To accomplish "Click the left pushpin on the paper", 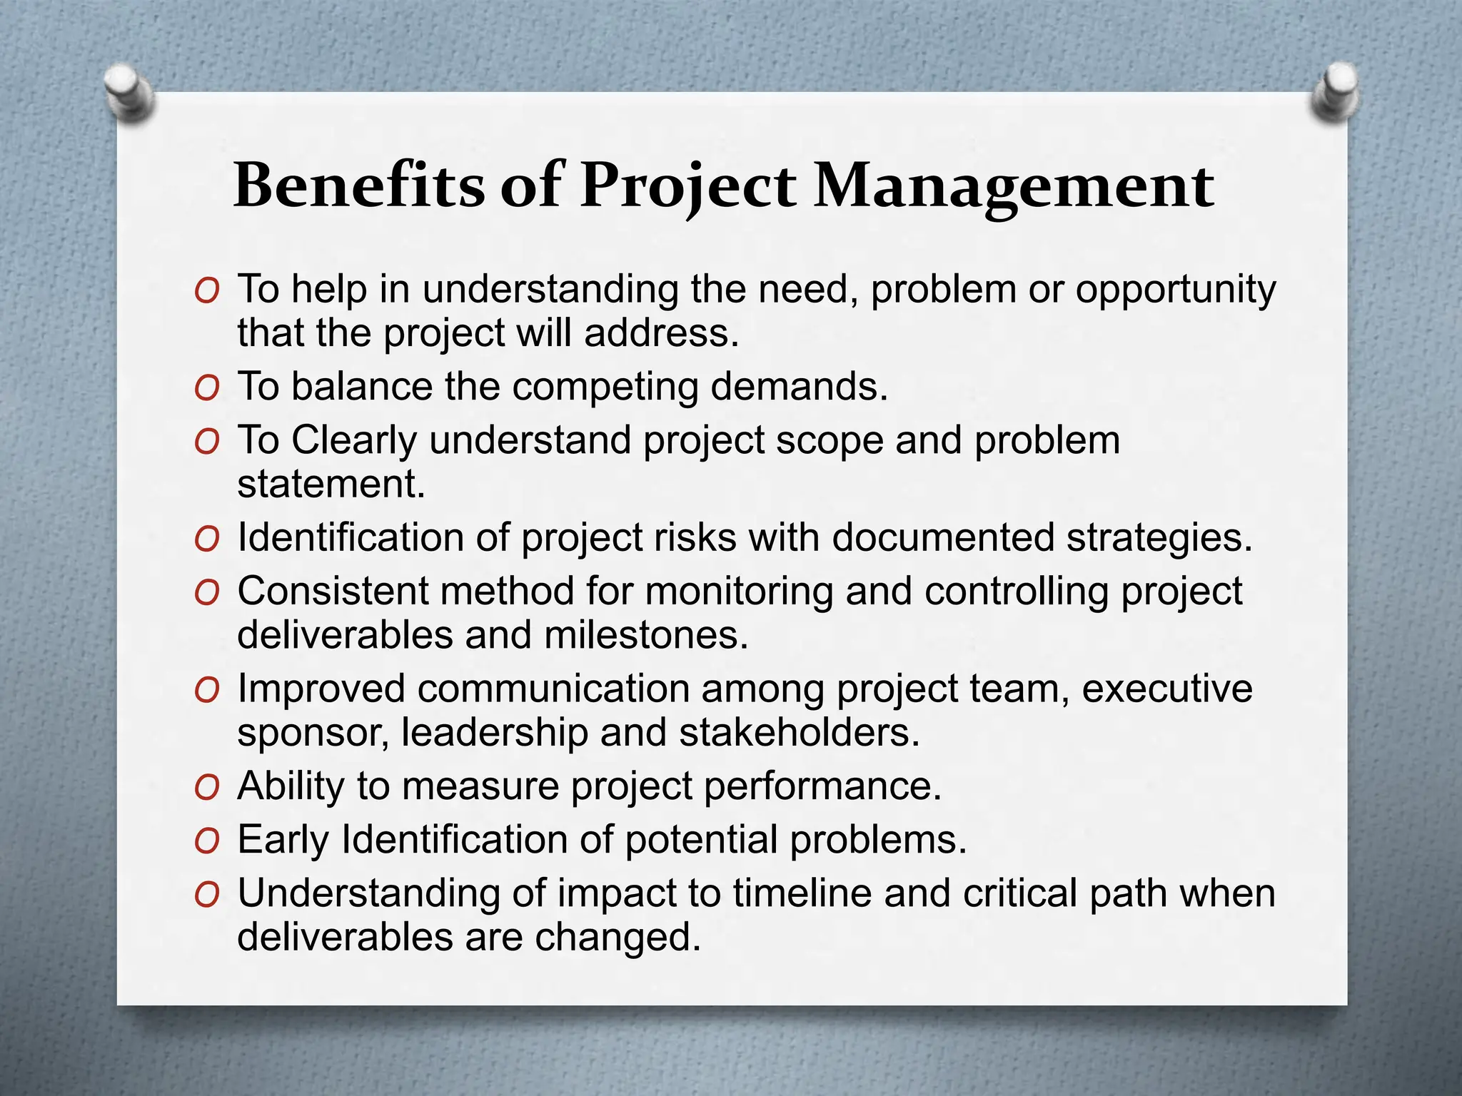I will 128,93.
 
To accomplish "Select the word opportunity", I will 1175,291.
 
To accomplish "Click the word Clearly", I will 353,441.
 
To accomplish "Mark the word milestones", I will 646,635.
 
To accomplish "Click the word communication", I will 553,689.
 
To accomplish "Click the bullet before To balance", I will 206,389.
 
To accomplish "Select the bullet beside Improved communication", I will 206,691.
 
